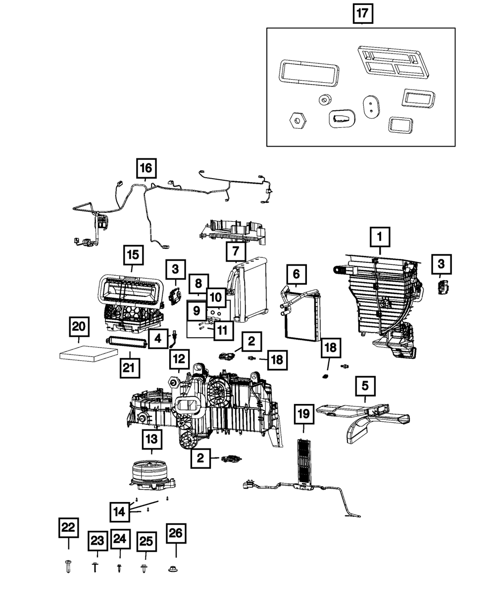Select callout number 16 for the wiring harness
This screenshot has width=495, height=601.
[x=146, y=168]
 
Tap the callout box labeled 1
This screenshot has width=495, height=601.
[x=380, y=238]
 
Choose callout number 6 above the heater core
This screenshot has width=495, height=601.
[x=296, y=274]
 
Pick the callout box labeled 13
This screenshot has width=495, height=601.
[x=151, y=439]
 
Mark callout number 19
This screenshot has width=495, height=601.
[x=304, y=414]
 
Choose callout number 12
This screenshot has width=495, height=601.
[x=179, y=358]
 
